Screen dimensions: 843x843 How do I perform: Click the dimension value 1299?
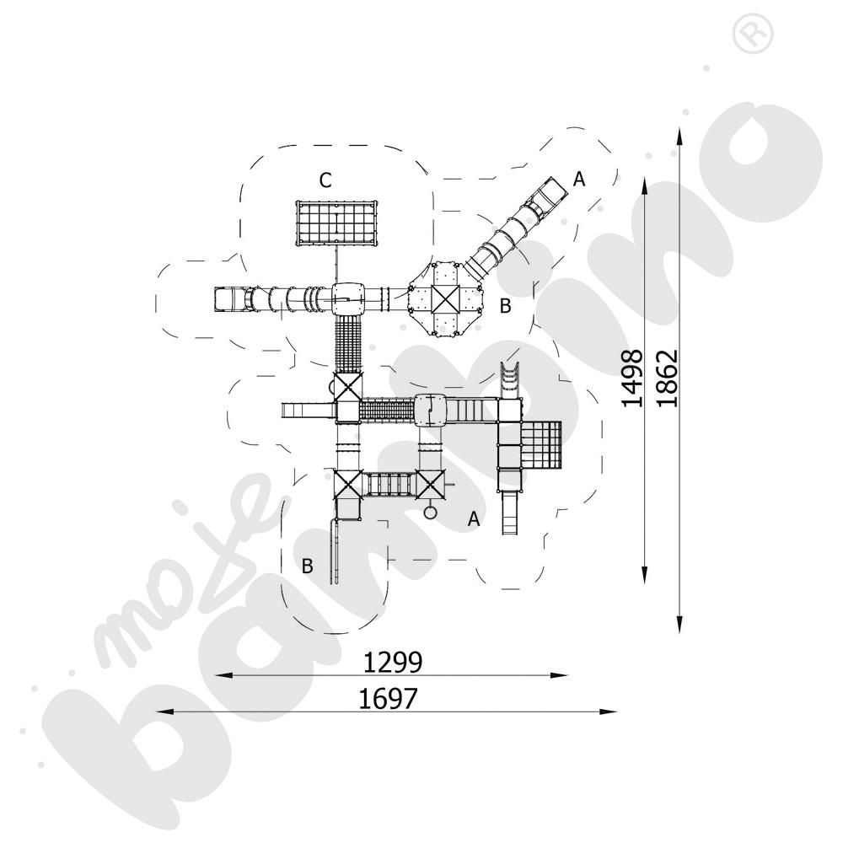[392, 663]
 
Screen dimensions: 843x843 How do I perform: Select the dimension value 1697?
[388, 699]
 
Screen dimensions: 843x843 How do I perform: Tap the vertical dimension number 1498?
[632, 379]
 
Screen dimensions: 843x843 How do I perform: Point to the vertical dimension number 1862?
[667, 379]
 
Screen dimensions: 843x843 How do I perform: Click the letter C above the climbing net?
[325, 180]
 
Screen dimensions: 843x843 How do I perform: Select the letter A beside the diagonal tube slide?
[578, 179]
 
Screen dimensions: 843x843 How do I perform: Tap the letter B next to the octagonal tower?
[505, 306]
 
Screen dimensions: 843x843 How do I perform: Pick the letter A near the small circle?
[474, 519]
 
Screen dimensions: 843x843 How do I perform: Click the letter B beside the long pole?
[308, 566]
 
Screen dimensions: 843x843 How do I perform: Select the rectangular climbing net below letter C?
[336, 223]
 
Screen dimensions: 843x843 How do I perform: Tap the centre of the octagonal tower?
[442, 298]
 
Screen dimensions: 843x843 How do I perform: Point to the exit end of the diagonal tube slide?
[551, 191]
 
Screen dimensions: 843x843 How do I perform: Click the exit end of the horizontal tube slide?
[226, 298]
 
